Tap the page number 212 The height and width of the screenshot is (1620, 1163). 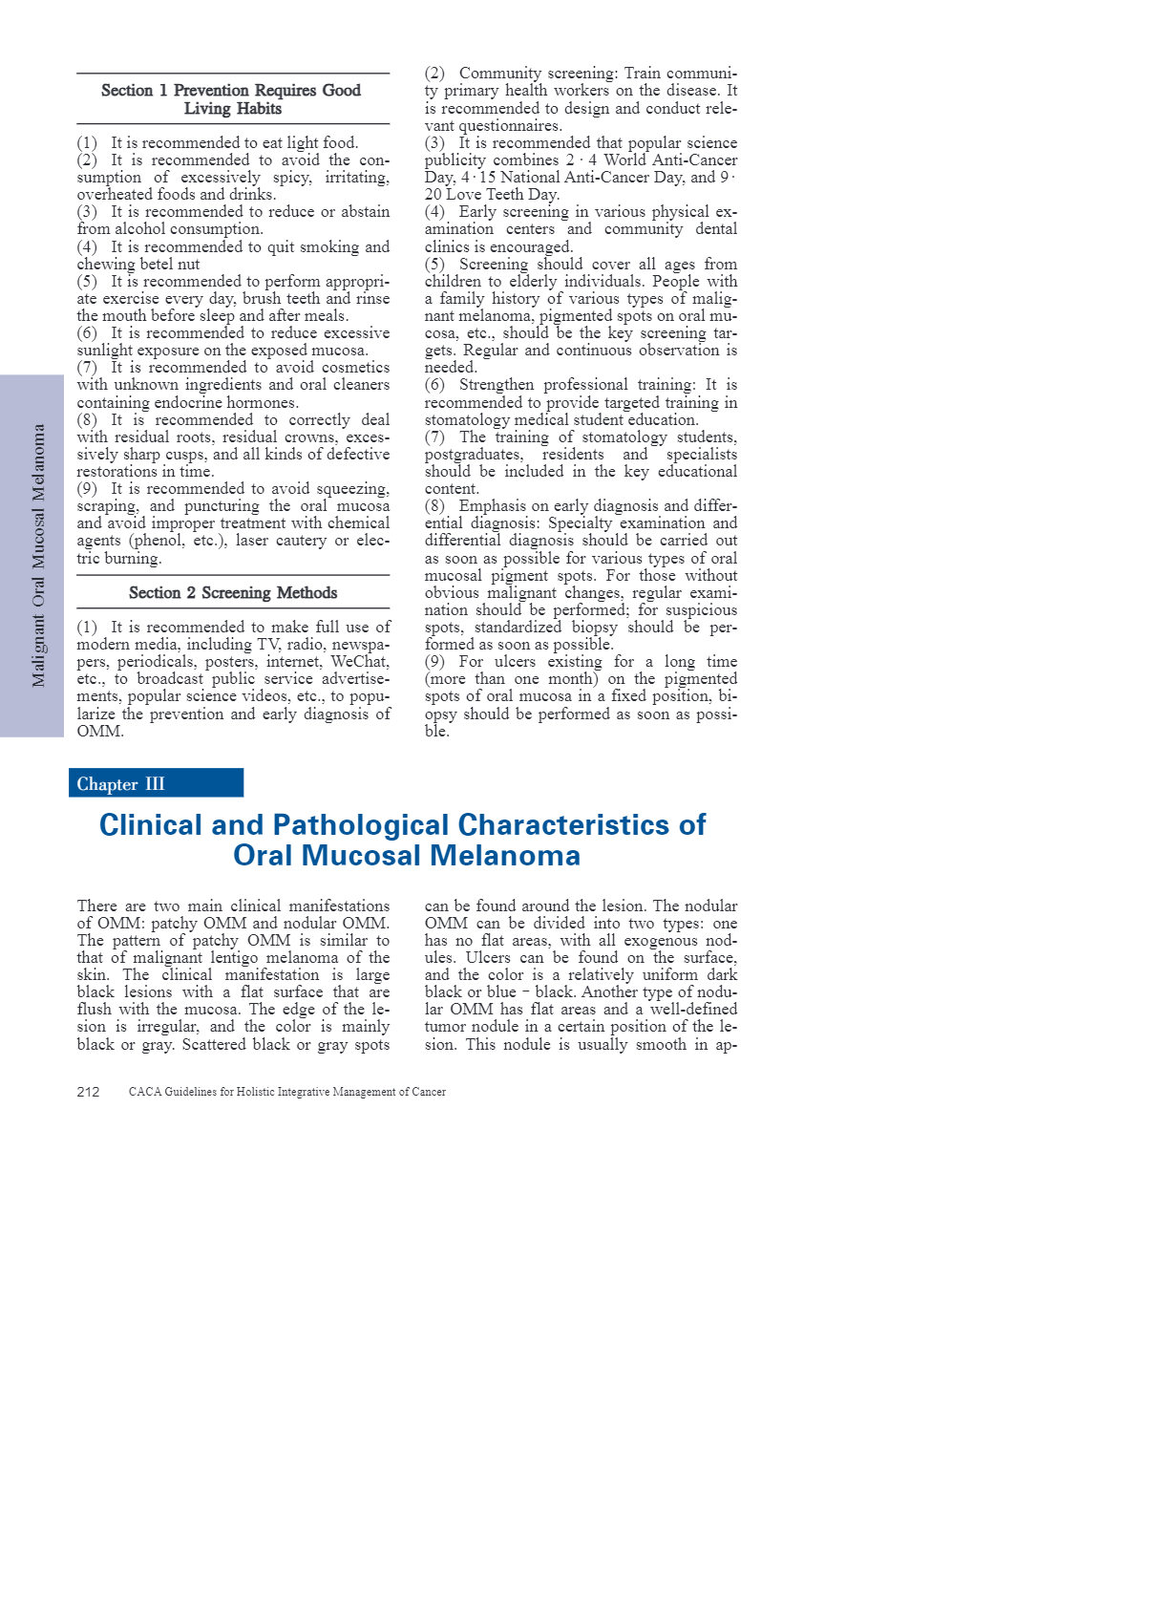88,1092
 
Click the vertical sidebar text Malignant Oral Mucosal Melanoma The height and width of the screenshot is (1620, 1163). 38,555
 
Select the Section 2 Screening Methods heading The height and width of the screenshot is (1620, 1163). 233,593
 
